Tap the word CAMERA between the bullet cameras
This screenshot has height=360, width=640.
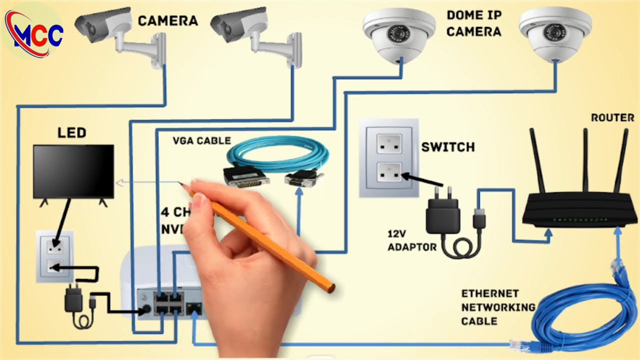click(x=167, y=21)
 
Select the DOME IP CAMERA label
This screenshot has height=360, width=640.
click(x=473, y=23)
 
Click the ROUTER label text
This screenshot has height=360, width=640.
click(x=612, y=118)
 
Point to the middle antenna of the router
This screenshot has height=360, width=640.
click(x=584, y=160)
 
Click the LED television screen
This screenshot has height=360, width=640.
click(x=73, y=171)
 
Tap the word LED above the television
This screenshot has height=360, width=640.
click(x=71, y=133)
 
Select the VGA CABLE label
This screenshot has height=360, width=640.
click(x=201, y=140)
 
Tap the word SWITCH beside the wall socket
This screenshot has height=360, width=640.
click(x=447, y=147)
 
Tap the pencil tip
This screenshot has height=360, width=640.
click(x=180, y=183)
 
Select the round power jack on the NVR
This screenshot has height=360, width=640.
click(x=146, y=310)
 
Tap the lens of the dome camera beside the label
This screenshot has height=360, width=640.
click(x=398, y=35)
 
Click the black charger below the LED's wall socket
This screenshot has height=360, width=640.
click(x=73, y=300)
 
